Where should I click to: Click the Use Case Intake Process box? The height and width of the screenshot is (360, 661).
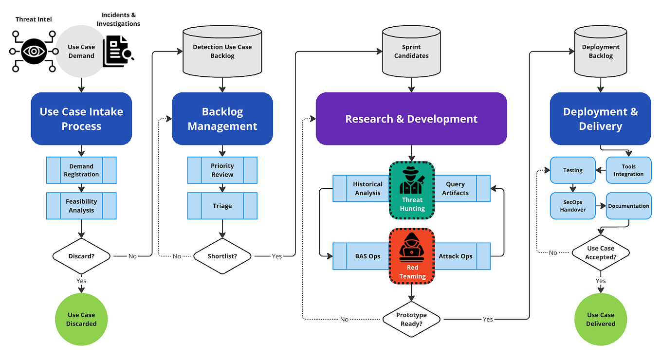[81, 119]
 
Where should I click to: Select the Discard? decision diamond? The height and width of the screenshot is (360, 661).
[81, 256]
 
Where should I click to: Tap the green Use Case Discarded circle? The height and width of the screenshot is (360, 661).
[81, 319]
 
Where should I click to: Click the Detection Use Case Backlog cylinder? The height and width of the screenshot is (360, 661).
[222, 52]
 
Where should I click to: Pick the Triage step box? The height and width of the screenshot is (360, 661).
[222, 206]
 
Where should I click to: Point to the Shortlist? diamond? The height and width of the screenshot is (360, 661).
[222, 256]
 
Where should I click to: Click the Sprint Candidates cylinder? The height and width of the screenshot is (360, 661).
[411, 52]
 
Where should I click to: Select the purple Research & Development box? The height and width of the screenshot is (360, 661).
[411, 119]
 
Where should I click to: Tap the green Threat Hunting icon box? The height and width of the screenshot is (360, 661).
[412, 190]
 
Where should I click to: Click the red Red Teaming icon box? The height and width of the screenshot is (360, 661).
[412, 256]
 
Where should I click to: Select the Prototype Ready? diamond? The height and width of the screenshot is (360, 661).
[411, 319]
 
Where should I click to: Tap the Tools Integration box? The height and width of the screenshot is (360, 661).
[628, 170]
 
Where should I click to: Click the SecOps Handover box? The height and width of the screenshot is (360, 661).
[573, 206]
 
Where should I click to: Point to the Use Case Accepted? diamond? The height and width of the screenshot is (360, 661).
[600, 252]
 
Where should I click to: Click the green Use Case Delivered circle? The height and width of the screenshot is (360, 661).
[600, 319]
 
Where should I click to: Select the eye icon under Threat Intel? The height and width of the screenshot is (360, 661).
[33, 51]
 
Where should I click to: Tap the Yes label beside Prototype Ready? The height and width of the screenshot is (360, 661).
[488, 320]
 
